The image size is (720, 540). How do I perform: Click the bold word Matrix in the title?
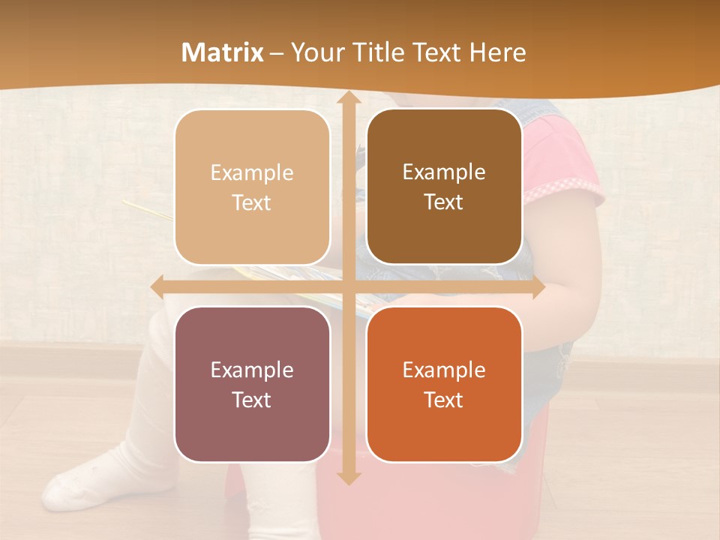pyautogui.click(x=223, y=52)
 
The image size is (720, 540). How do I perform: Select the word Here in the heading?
pyautogui.click(x=497, y=52)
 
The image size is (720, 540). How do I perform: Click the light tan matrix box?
pyautogui.click(x=252, y=187)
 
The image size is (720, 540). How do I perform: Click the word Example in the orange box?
pyautogui.click(x=444, y=370)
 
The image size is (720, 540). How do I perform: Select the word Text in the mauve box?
pyautogui.click(x=251, y=400)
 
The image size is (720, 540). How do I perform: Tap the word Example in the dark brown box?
pyautogui.click(x=444, y=172)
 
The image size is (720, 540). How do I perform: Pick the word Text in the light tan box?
pyautogui.click(x=251, y=203)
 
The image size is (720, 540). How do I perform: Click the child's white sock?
pyautogui.click(x=75, y=480)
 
